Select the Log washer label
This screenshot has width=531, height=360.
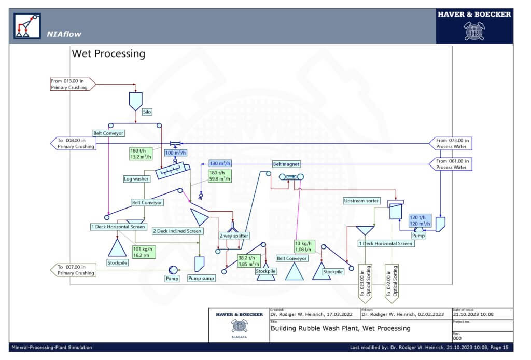(x=136, y=179)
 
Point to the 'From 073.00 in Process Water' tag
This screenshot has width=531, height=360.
(x=451, y=143)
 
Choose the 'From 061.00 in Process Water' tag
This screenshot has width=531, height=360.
(x=451, y=164)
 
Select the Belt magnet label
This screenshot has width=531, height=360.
(x=286, y=164)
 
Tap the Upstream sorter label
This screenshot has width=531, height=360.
(x=361, y=201)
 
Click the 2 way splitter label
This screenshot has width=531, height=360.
(x=234, y=236)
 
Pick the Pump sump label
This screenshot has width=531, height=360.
(x=201, y=278)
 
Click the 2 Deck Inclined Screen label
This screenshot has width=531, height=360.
(x=176, y=231)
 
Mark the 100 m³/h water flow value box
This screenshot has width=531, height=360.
(x=175, y=153)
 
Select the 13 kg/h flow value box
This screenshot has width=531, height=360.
(x=303, y=246)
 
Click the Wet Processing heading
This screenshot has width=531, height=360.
(x=108, y=53)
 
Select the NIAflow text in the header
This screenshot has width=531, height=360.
(x=64, y=34)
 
